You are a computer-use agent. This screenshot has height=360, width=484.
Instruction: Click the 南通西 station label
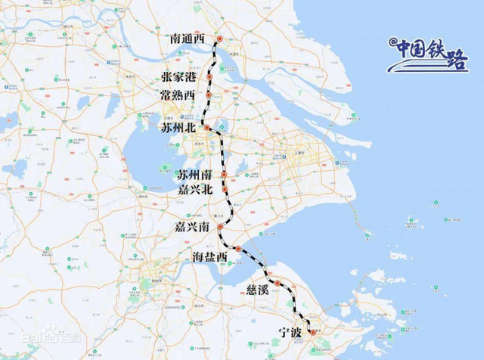point(188,38)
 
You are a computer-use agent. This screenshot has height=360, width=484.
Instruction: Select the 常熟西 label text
point(178,95)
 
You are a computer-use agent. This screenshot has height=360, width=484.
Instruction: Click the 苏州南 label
point(195,175)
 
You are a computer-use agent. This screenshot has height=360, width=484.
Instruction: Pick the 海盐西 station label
point(209,258)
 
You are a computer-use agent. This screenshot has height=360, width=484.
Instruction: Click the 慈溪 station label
point(258,290)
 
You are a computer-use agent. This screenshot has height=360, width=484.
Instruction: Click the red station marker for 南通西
point(219,39)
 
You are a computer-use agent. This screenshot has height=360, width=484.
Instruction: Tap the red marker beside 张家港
point(209,77)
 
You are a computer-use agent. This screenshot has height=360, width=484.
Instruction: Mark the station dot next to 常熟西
point(209,95)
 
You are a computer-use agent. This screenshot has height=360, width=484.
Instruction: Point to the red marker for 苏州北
point(206,129)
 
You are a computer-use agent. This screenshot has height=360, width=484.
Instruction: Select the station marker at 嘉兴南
point(220,227)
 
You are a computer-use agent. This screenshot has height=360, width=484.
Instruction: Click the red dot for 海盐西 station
point(237,248)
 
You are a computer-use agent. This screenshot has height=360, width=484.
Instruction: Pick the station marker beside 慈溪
point(278,284)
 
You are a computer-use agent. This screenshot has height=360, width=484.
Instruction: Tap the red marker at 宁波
point(313,332)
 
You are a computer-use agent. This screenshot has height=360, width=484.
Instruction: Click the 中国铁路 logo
point(428,53)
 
